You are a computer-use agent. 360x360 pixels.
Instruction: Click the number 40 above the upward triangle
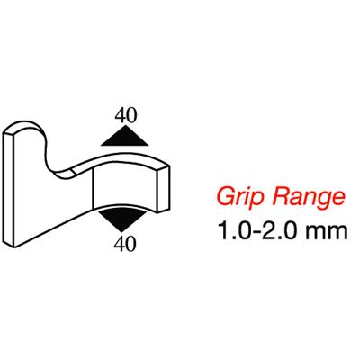pyautogui.click(x=126, y=115)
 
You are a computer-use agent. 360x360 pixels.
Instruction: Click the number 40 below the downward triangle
pyautogui.click(x=125, y=244)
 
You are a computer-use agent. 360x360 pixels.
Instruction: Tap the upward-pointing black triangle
pyautogui.click(x=124, y=137)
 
